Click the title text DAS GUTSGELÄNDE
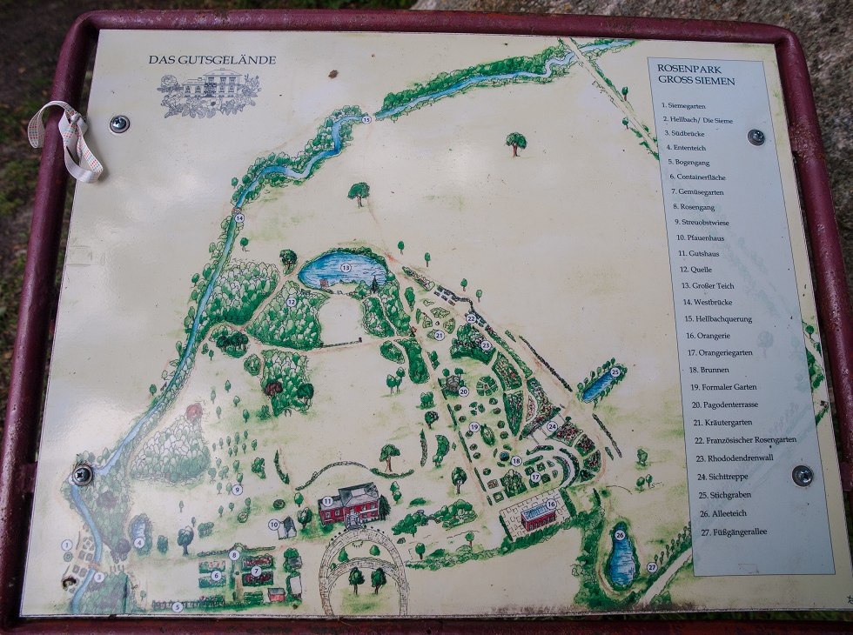pos(212,60)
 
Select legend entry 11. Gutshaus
pos(695,253)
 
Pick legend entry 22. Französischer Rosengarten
pos(745,440)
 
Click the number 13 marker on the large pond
pos(346,268)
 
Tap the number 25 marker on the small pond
pos(615,372)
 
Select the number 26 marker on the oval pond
pos(620,536)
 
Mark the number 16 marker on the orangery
pos(551,505)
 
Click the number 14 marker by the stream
pos(238,218)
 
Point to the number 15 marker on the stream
pos(366,119)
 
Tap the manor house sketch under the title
pos(209,94)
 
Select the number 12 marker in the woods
pos(292,302)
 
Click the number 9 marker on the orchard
pos(237,490)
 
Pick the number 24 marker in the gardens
pos(552,426)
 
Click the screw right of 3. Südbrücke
pos(756,137)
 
